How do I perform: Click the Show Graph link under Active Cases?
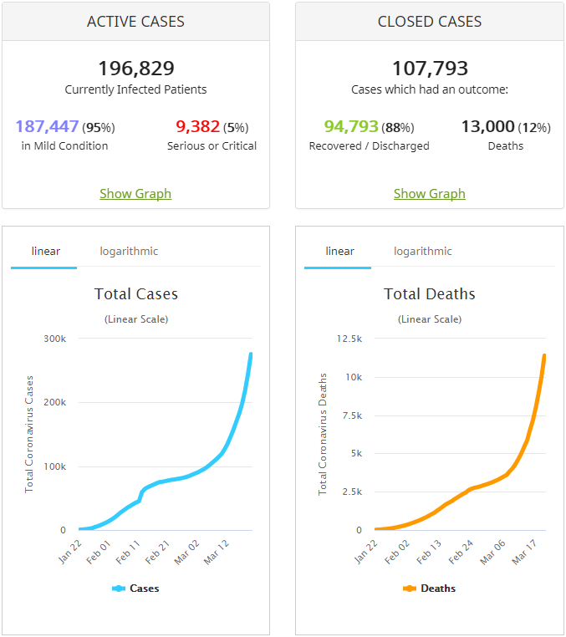(x=135, y=194)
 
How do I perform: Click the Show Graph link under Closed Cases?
(x=430, y=194)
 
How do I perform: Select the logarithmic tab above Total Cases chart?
(x=129, y=252)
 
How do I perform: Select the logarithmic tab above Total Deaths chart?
(x=423, y=252)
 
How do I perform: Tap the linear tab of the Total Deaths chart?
(x=339, y=252)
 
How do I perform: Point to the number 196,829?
(x=135, y=69)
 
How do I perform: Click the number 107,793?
(x=430, y=69)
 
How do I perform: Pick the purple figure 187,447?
(x=47, y=127)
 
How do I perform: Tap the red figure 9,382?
(x=197, y=127)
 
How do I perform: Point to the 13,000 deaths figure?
(x=487, y=127)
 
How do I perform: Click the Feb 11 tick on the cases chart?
(x=129, y=553)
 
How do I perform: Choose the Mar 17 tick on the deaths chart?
(x=523, y=553)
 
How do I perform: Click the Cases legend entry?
(x=135, y=589)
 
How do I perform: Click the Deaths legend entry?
(x=430, y=589)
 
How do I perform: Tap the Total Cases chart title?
(x=135, y=294)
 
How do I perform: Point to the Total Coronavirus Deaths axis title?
(x=323, y=434)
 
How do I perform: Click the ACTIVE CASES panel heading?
(x=135, y=22)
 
